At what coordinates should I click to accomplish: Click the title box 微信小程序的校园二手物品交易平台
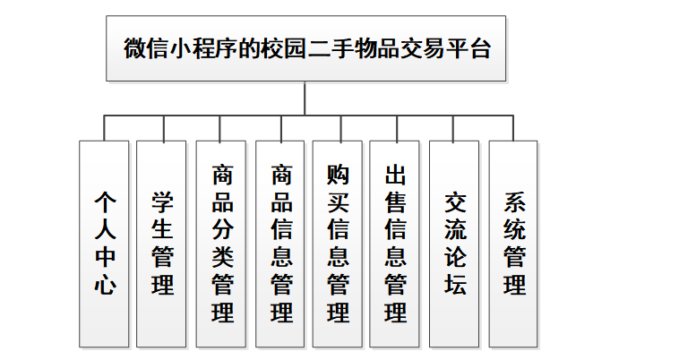tap(305, 48)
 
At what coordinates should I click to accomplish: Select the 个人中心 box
tap(104, 244)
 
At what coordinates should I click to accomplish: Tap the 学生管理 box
tap(163, 244)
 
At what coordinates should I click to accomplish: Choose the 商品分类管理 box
tap(222, 244)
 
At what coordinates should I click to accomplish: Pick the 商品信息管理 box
tap(281, 244)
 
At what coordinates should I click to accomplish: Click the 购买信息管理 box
tap(339, 244)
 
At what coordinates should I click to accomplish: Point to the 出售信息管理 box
tap(395, 244)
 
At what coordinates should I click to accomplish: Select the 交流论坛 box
tap(454, 244)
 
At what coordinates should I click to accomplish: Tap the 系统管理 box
tap(514, 244)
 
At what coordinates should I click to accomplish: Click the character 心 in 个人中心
tap(104, 287)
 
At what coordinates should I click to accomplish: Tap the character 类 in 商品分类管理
tap(222, 257)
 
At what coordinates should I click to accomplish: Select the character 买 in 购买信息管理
tap(339, 201)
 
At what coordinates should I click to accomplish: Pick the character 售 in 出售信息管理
tap(395, 201)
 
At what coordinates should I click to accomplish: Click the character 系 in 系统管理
tap(514, 201)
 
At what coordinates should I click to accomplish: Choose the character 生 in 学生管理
tap(163, 229)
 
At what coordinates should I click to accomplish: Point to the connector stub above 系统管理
tap(514, 128)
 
